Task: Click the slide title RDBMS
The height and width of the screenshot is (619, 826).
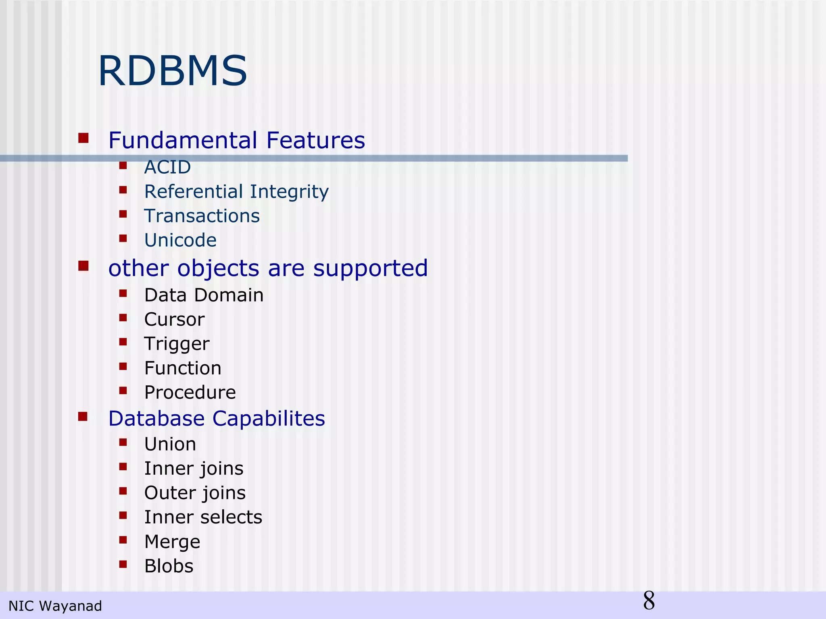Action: (x=172, y=72)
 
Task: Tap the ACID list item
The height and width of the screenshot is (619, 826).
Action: (x=167, y=167)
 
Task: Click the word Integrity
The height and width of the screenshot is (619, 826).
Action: (x=289, y=192)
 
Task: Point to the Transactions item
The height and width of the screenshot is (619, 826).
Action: (x=202, y=216)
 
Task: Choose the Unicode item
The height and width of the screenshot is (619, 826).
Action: (x=180, y=241)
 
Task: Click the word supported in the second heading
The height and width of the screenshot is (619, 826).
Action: (x=370, y=268)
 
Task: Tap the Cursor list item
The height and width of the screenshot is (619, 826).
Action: (x=174, y=320)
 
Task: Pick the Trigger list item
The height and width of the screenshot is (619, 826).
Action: (x=177, y=344)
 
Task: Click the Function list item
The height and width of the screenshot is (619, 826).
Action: (x=183, y=368)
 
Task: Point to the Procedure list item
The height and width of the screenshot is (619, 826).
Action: (x=190, y=393)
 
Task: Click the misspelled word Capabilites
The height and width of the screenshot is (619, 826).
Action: (x=269, y=418)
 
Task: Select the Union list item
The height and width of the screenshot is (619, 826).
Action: (x=170, y=444)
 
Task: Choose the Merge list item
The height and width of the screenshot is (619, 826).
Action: (x=172, y=542)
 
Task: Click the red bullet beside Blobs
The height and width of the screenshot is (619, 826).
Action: (x=123, y=564)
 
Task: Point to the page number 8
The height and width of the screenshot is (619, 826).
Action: (x=649, y=601)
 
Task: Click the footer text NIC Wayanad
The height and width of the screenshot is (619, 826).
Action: (x=55, y=606)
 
